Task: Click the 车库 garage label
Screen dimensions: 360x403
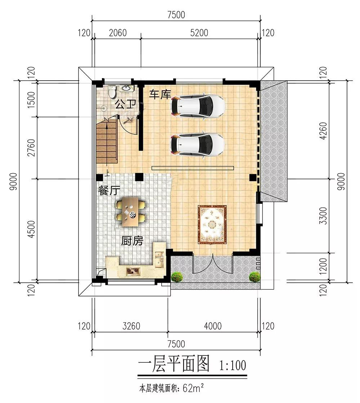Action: click(x=160, y=94)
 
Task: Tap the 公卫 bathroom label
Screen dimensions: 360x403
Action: click(x=125, y=104)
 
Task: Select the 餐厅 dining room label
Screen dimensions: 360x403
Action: click(x=109, y=191)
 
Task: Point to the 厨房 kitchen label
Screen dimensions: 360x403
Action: click(x=132, y=241)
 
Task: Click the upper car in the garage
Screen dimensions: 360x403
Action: click(x=198, y=106)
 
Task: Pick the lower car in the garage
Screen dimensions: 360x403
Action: click(x=197, y=144)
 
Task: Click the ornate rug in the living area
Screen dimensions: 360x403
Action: click(x=212, y=224)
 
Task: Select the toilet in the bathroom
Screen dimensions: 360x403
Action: click(x=112, y=92)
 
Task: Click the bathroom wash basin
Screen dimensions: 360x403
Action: click(x=126, y=88)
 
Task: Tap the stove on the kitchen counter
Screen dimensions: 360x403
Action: click(x=132, y=270)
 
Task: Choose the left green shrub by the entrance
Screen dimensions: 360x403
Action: click(x=177, y=277)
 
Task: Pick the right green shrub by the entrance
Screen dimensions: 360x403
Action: click(x=255, y=277)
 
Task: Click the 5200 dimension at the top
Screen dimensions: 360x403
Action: click(x=199, y=33)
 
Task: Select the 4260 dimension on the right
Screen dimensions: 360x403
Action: click(x=324, y=131)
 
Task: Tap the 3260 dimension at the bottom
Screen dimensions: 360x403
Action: click(x=131, y=326)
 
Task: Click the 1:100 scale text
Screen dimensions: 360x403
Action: click(x=233, y=365)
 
